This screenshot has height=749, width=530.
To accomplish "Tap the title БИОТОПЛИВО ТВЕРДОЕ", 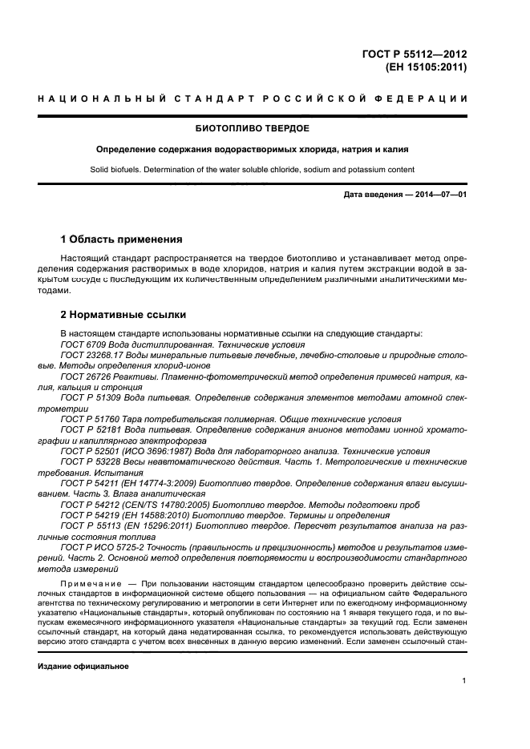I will (x=253, y=128).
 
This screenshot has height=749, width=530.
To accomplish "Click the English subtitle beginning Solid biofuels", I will (x=253, y=170).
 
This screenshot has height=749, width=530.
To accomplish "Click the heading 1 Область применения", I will (x=121, y=239).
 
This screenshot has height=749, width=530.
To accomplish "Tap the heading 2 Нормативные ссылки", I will (x=123, y=314).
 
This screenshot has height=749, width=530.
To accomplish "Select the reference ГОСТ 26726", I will (x=83, y=375).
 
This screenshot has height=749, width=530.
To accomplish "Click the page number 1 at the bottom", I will (x=464, y=681).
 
